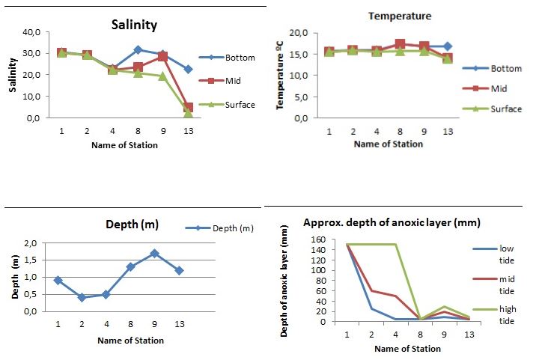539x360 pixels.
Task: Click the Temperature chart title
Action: click(x=401, y=16)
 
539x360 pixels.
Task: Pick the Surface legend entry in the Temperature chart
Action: click(x=506, y=109)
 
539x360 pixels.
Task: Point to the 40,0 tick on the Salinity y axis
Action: click(x=34, y=32)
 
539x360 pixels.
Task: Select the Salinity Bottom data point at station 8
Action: click(x=138, y=50)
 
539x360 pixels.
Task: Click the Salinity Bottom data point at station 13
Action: click(x=188, y=69)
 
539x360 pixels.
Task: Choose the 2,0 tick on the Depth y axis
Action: click(x=31, y=244)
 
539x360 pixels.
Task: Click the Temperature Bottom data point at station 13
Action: click(x=448, y=46)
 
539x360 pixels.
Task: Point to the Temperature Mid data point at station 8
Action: click(x=400, y=44)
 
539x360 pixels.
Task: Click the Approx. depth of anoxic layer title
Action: click(x=392, y=223)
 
